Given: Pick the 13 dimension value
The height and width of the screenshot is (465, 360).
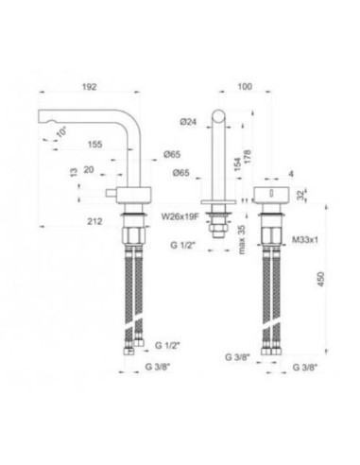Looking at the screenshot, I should pyautogui.click(x=72, y=172).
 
